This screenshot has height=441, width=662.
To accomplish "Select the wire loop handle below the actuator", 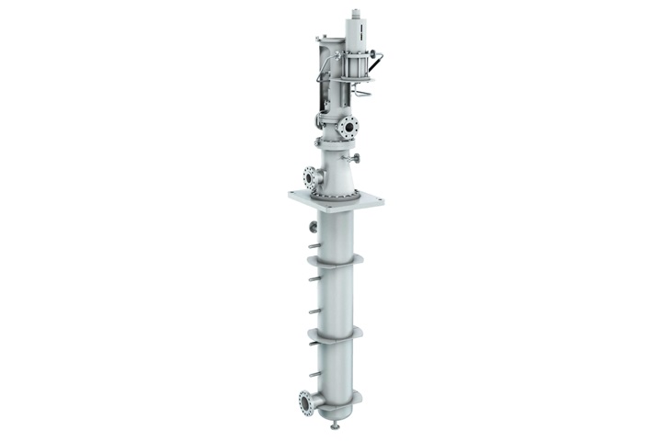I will click(x=363, y=93).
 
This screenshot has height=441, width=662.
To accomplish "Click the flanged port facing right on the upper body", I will click(x=348, y=127).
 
